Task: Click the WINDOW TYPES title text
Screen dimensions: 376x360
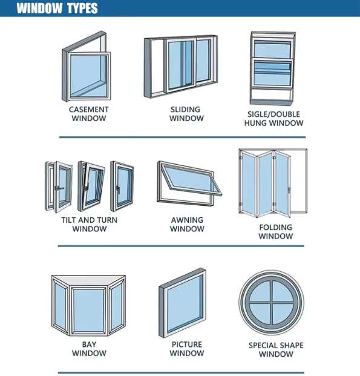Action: [x=57, y=8]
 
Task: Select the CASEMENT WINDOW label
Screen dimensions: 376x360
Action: [x=88, y=114]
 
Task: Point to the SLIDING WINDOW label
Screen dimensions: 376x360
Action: [x=186, y=114]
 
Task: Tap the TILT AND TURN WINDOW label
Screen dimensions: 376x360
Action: [x=89, y=224]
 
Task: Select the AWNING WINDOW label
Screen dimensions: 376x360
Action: [x=186, y=224]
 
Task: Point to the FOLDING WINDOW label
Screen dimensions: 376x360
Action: [x=275, y=231]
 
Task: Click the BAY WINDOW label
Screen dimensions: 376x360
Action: [x=89, y=349]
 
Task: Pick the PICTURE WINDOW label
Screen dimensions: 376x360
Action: [x=186, y=349]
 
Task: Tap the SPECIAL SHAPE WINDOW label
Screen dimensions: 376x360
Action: [x=276, y=350]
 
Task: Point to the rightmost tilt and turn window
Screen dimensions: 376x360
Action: [x=122, y=185]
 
